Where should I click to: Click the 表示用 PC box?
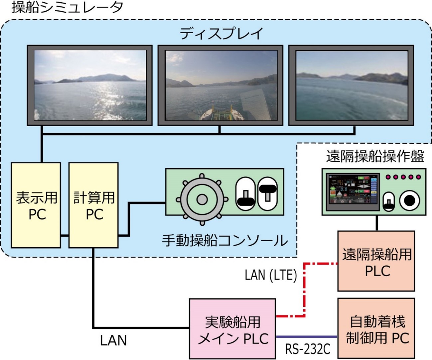36,205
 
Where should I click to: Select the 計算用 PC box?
93,205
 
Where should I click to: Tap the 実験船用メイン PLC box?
232,329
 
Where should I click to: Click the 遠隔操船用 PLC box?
376,261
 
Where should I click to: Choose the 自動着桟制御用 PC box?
376,328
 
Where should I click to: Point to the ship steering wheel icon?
202,199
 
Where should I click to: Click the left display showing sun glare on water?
90,85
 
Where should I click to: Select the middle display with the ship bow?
220,85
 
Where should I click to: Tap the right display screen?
351,85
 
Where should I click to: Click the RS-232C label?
308,349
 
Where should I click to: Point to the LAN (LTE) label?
271,275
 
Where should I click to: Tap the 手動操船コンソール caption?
225,240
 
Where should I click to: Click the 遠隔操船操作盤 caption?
375,156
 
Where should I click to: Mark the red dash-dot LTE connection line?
304,289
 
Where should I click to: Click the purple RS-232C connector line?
307,337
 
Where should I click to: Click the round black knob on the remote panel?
409,200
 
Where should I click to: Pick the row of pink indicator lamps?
403,177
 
